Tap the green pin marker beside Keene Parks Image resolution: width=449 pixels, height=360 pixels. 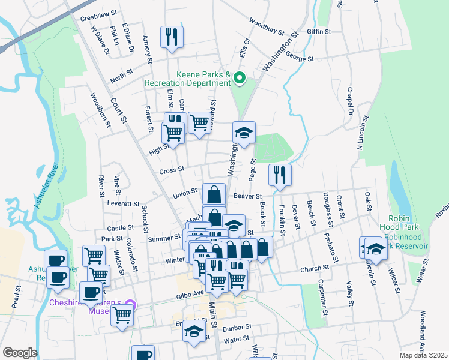pos(239,77)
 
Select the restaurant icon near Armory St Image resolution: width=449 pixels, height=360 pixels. pos(172,37)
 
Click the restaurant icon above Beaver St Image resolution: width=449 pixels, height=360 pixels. pos(280,175)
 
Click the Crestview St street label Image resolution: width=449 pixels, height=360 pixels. pos(97,18)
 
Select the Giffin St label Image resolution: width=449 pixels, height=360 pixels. pos(319,31)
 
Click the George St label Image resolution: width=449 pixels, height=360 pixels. pos(300,59)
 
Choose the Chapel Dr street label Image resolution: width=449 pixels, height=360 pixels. pos(348,101)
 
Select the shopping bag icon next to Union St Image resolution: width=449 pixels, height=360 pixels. pos(214,194)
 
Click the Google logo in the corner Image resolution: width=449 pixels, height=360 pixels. pos(20,353)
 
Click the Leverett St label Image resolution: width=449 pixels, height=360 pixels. pos(124,204)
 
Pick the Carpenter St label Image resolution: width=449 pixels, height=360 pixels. pos(322,297)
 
